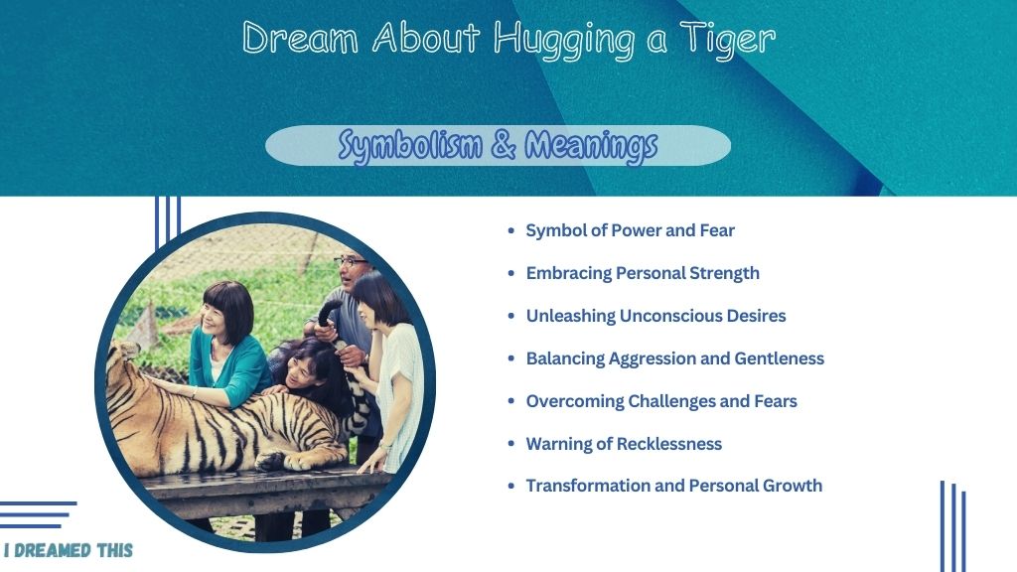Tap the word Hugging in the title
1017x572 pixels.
pos(564,40)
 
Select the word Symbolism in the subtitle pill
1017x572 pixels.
pos(410,145)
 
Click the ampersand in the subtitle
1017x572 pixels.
pos(504,145)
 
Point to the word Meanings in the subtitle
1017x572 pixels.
pos(591,145)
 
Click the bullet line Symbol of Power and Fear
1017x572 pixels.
pos(630,230)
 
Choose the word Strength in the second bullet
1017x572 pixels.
pos(724,273)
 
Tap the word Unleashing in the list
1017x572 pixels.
pos(569,316)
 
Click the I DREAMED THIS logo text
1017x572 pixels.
pos(69,550)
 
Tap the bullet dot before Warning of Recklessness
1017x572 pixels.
pos(511,444)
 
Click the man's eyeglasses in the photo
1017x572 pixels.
pos(351,262)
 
